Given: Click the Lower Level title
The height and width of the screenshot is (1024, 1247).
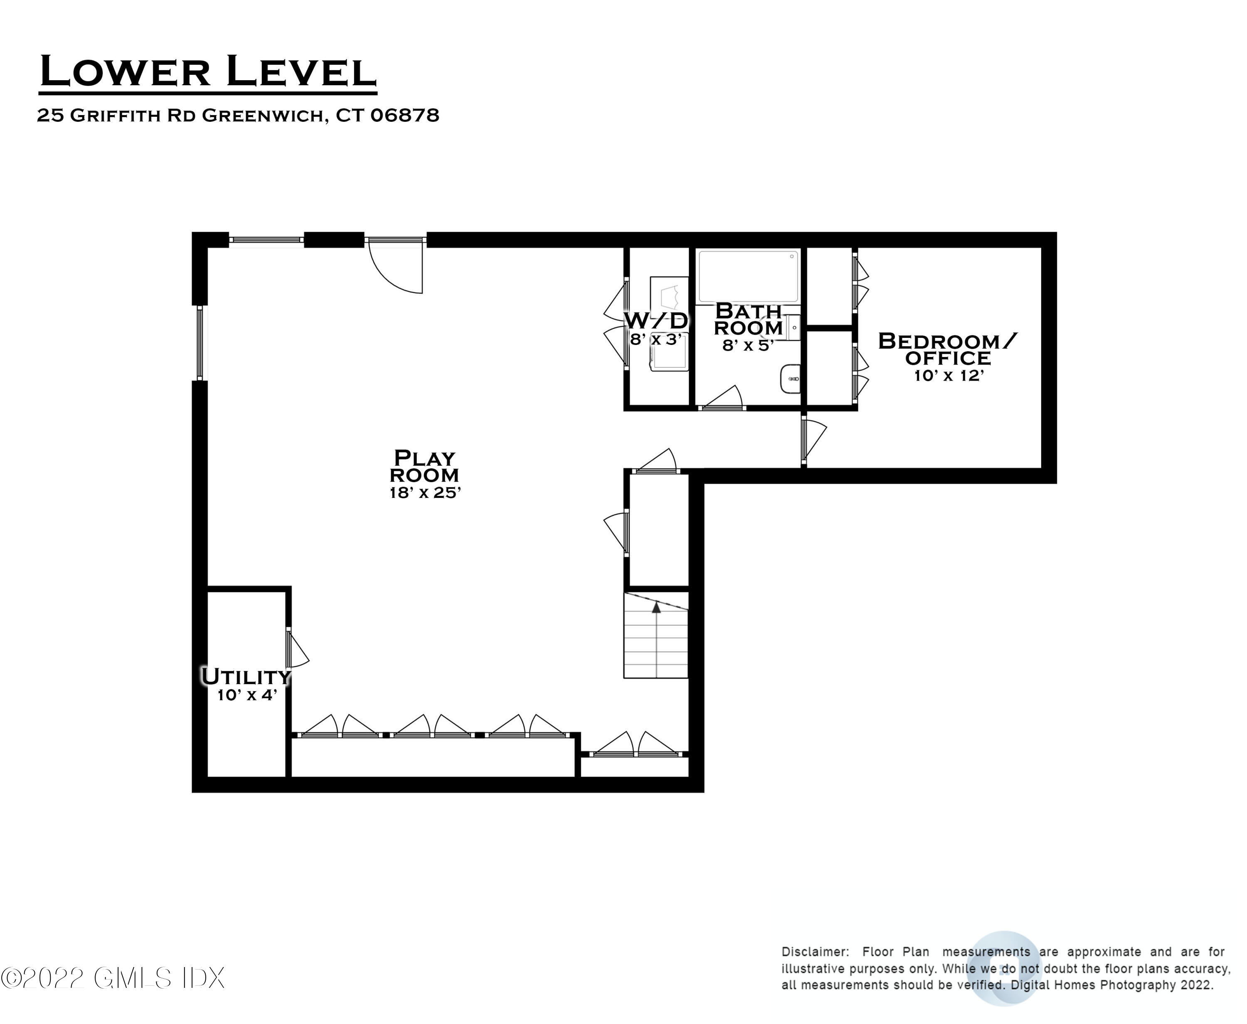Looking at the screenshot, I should (208, 72).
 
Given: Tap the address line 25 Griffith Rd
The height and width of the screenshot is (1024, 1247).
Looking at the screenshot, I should (238, 115).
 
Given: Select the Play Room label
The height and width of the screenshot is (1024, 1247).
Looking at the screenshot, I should (424, 466).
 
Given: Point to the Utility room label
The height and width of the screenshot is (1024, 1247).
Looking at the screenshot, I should (246, 676).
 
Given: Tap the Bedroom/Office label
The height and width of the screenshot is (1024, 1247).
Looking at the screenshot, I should (948, 349).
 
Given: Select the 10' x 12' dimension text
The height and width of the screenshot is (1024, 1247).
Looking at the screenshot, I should (949, 376).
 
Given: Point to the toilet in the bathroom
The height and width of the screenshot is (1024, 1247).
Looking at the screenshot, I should (790, 378).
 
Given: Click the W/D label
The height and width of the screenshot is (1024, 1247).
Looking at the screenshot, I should (656, 321).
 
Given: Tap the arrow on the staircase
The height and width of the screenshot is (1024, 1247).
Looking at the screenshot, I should (656, 608).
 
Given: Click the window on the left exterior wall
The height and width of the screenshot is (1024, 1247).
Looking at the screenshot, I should (200, 342).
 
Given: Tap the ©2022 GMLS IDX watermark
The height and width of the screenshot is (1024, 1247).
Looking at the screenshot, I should (112, 978).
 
